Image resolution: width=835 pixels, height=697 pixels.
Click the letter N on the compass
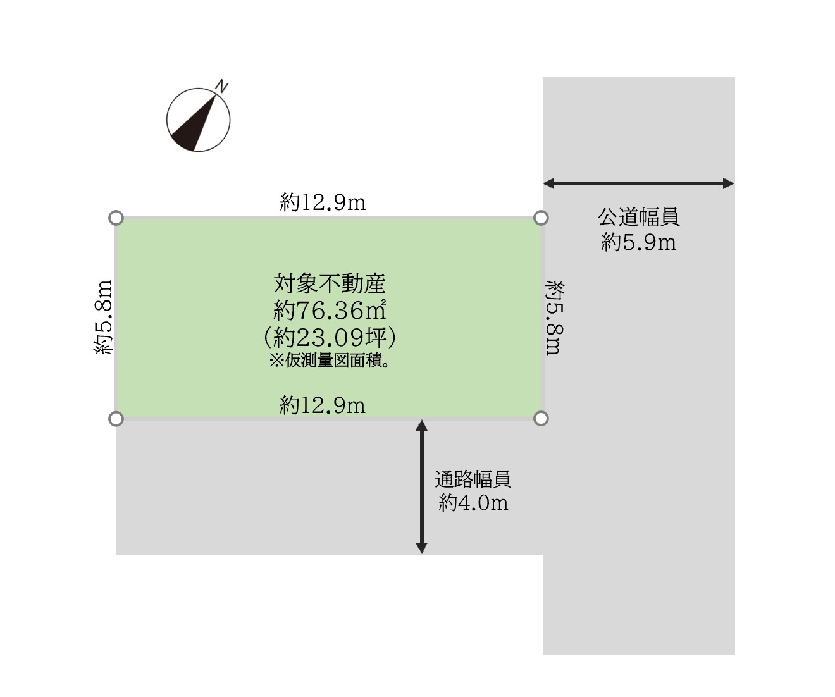222,87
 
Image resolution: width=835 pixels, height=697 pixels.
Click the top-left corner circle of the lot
116,218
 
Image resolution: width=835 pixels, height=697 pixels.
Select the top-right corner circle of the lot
541,218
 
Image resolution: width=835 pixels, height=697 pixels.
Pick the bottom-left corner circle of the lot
116,419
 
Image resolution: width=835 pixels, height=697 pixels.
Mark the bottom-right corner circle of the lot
541,419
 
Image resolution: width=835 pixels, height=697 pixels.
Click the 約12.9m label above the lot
323,202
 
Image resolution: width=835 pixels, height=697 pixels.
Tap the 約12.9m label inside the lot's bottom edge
323,405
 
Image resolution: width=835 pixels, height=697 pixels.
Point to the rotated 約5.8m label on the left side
103,317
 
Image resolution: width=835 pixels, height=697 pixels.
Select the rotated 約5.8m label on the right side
554,318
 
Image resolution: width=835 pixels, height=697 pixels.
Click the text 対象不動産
330,283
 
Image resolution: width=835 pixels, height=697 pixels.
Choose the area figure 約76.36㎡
330,310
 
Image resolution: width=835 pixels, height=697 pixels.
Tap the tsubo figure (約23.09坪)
330,336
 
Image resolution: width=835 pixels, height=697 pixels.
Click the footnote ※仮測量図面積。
330,361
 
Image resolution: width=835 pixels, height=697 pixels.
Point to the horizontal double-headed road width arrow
638,183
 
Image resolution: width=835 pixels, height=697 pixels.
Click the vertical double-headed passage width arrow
421,486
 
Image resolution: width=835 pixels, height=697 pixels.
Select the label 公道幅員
638,218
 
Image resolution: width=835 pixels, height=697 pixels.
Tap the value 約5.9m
638,242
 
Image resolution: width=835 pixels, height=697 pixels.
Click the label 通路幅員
473,479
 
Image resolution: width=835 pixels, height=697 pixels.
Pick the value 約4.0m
474,503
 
